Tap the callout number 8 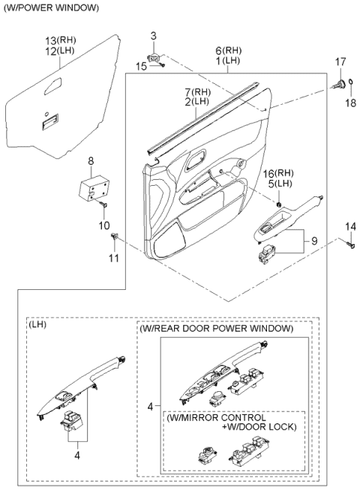[91, 160]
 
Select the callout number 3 [153, 36]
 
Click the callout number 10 [103, 225]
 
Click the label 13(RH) [61, 39]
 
